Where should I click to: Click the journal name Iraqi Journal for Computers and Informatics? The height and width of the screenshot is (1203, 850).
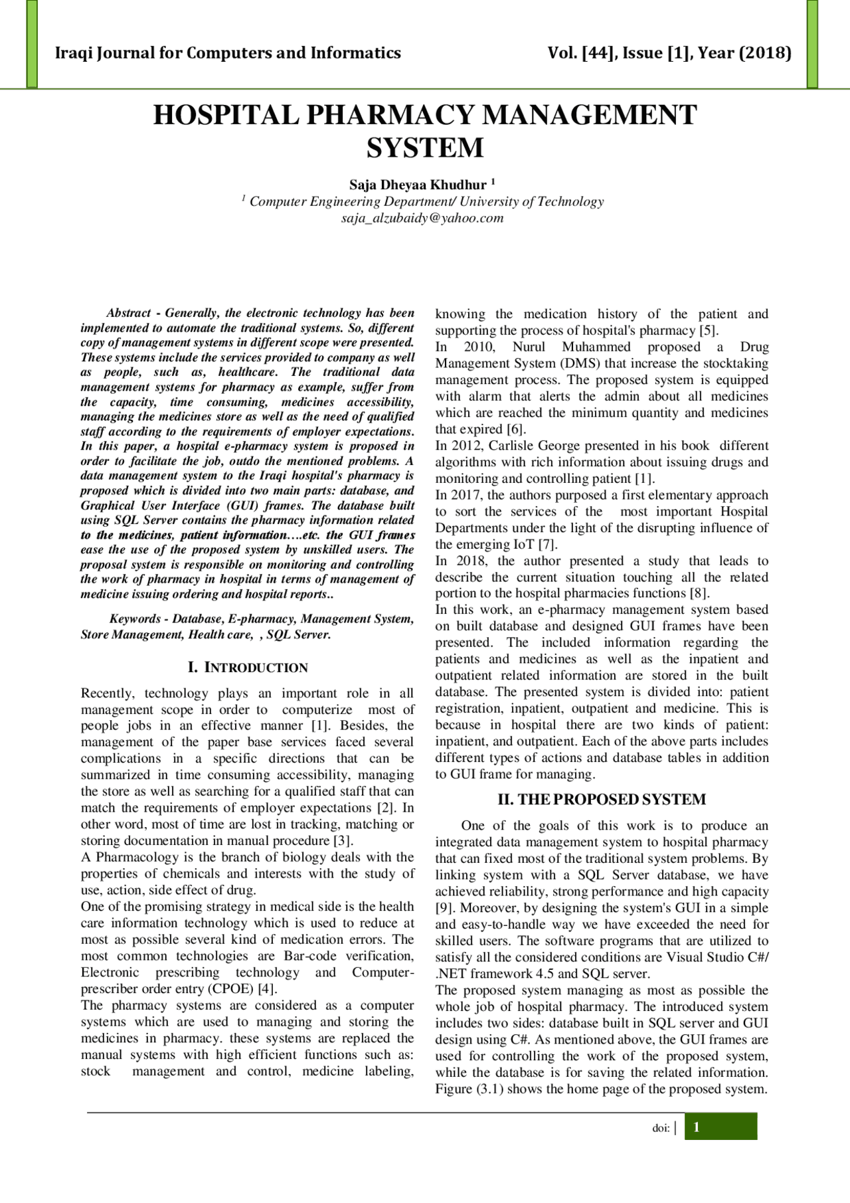pos(228,53)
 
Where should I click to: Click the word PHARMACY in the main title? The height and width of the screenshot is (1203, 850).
pos(392,116)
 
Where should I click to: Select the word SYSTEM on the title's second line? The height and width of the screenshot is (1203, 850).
pos(425,148)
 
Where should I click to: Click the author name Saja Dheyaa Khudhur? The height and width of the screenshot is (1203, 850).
pos(418,185)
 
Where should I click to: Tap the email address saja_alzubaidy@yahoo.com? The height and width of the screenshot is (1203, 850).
pos(422,218)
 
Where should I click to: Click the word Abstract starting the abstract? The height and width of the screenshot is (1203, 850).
pos(129,313)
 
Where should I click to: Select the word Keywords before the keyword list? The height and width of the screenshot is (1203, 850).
pos(135,619)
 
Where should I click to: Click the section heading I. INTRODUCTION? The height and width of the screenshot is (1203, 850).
pos(248,668)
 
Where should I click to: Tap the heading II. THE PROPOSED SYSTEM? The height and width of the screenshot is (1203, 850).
pos(602,800)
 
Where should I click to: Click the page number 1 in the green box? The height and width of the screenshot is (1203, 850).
pos(697,1127)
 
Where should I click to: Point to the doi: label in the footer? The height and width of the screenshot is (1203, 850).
pos(660,1128)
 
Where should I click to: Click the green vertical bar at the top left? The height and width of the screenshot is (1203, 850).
pos(32,43)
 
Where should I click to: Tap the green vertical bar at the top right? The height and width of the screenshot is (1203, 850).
pos(812,43)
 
